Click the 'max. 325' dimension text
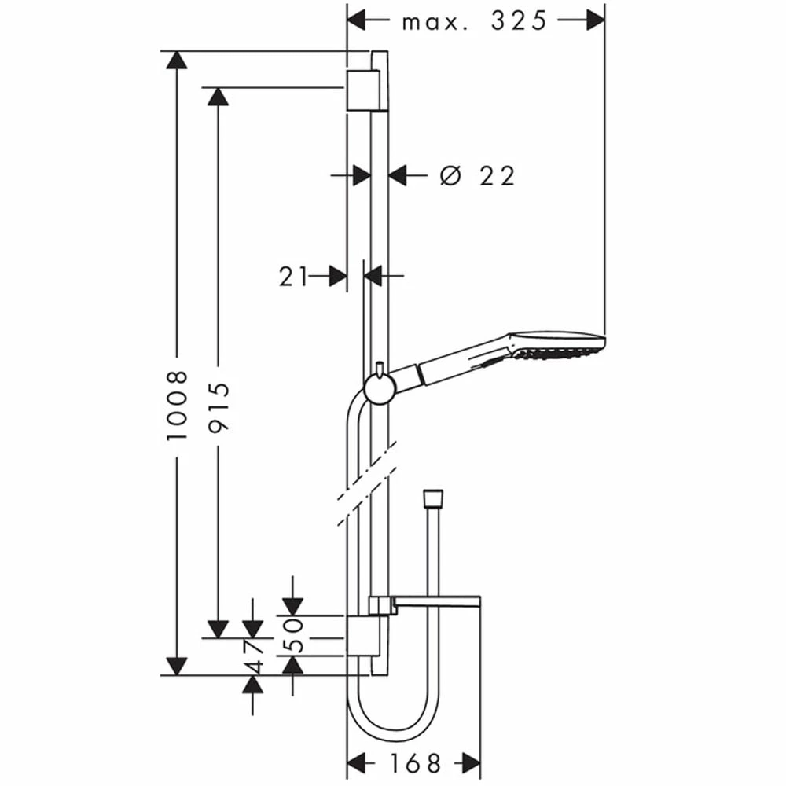474,21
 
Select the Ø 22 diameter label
477,176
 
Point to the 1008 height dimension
177,406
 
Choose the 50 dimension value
292,636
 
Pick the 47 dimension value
253,656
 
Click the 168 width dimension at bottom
415,763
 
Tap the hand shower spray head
556,345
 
